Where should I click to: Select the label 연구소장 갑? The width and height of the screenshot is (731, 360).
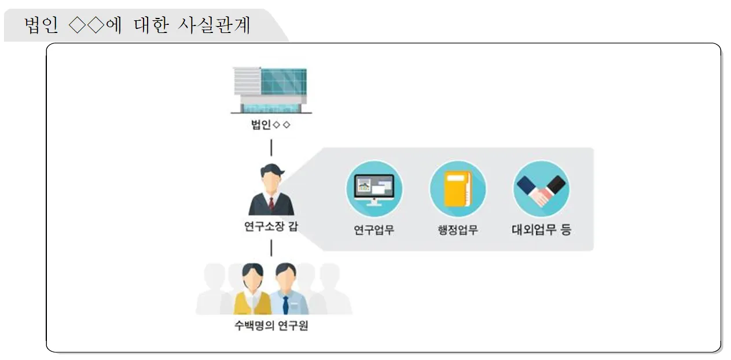(271, 226)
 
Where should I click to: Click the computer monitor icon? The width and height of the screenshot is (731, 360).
(374, 189)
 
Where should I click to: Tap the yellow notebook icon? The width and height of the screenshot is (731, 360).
(458, 189)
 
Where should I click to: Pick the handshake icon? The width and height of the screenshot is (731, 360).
(541, 189)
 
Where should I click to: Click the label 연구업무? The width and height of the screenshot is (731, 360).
(374, 230)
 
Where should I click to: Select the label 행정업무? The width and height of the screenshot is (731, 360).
(458, 230)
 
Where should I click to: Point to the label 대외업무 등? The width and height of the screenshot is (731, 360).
(541, 230)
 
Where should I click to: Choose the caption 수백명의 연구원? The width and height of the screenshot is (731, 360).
(271, 326)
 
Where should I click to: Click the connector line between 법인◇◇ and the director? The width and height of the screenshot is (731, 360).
(271, 148)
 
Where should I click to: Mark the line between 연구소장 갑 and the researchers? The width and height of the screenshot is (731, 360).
(271, 248)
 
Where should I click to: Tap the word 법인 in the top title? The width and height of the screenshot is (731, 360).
(42, 25)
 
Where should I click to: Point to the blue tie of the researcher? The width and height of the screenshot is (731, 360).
(285, 304)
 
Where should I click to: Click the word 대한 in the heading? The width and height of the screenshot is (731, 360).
(150, 25)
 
